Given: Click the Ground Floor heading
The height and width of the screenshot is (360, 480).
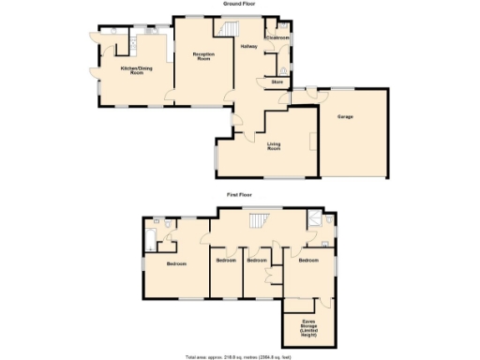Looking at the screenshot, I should click(239, 5).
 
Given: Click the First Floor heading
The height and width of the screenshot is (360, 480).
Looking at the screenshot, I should click(239, 194).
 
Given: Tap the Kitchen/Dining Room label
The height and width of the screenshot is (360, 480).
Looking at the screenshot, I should click(137, 70).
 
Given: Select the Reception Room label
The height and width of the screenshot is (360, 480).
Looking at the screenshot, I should click(204, 57).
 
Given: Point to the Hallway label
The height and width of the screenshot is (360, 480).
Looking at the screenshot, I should click(248, 46).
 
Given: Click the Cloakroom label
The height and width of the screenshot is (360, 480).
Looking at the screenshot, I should click(277, 37).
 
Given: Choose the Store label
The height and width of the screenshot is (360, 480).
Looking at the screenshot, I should click(277, 82).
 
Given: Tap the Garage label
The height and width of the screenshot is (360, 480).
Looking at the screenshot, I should click(345, 116).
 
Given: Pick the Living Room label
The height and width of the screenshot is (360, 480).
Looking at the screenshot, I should click(274, 146).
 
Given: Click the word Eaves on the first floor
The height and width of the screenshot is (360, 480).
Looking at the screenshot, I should click(308, 322).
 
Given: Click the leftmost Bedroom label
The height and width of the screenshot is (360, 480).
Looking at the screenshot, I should click(177, 263).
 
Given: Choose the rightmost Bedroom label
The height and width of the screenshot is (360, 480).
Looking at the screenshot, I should click(309, 261).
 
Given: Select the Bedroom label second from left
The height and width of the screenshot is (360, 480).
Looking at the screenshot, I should click(225, 260).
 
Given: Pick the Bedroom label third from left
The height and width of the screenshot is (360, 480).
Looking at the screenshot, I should click(257, 260).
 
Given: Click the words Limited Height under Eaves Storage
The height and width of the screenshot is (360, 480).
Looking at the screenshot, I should click(308, 334).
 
